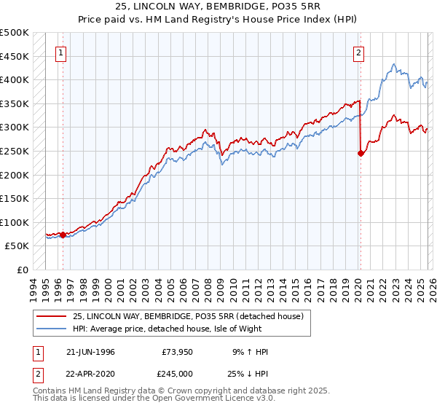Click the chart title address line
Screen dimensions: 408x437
218,7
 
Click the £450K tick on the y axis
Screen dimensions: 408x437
15,56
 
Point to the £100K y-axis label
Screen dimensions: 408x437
15,222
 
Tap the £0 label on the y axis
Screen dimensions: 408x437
22,270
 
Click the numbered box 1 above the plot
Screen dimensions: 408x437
60,52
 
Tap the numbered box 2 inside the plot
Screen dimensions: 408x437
359,52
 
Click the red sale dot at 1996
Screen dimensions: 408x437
63,235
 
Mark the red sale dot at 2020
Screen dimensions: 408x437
361,153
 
